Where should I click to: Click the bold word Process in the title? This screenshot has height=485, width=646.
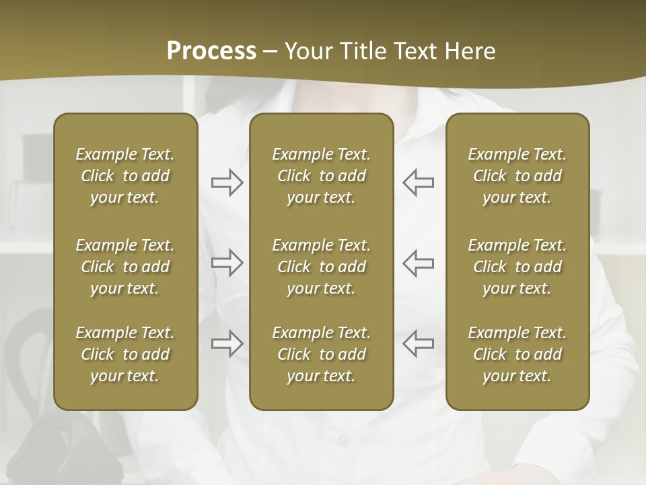coord(211,51)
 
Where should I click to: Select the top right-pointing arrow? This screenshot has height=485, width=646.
coord(227,183)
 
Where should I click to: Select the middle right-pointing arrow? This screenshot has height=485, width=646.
coord(227,263)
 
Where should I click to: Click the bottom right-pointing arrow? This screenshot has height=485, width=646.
coord(227,344)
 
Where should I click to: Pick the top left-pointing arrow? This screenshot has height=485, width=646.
coord(418,183)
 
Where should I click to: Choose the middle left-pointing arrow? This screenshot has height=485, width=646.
coord(418,263)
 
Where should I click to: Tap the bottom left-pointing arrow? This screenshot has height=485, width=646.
coord(418,344)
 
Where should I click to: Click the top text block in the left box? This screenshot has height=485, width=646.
coord(125,176)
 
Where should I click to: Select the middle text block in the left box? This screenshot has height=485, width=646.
coord(125,267)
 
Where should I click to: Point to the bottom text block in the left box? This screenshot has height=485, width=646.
coord(125,354)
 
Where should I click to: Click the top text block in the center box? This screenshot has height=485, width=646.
coord(321,176)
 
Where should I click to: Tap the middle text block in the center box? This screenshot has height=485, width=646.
coord(321,267)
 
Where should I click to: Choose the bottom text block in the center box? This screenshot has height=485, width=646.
coord(321,354)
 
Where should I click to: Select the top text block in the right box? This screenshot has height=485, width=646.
coord(517,176)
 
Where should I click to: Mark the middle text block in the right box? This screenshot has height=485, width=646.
coord(517,267)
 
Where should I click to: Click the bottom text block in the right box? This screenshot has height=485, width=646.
coord(517,354)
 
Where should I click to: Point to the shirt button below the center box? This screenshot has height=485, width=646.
coord(343,440)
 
